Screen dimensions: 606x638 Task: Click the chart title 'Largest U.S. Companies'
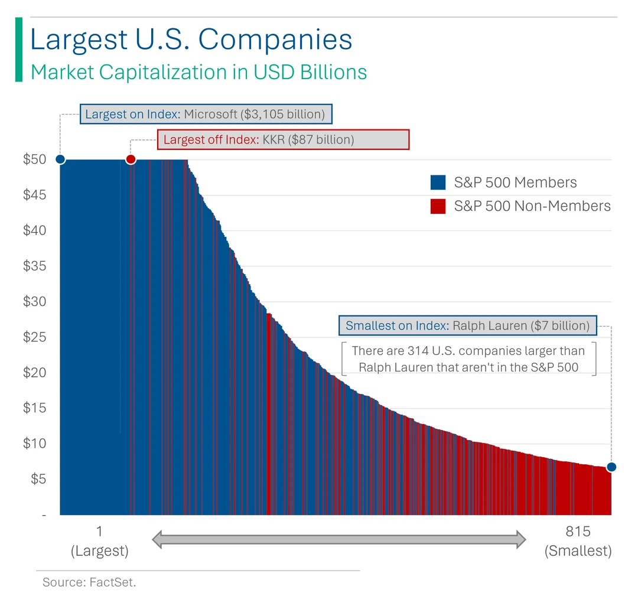pos(191,40)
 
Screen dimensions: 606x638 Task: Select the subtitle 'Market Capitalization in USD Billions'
pos(198,72)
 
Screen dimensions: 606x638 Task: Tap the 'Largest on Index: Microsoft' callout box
pos(206,114)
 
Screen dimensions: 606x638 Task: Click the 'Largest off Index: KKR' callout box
pos(282,140)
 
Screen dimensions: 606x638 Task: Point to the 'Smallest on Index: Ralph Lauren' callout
pos(467,325)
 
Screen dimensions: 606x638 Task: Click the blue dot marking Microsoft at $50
pos(60,159)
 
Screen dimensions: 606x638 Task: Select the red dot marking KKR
pos(131,159)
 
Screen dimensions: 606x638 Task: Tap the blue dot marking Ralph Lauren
pos(611,467)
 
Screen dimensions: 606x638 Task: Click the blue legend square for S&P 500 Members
pos(438,183)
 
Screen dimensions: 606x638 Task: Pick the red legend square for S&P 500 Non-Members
pos(438,206)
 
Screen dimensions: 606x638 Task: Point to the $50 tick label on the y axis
pos(35,159)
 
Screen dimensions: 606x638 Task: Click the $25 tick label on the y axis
pos(35,337)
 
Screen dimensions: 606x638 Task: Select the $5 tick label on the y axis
pos(38,479)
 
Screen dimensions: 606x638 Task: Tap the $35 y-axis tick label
pos(35,266)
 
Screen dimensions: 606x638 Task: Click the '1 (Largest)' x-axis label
pos(99,541)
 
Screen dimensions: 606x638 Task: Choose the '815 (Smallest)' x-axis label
pos(578,541)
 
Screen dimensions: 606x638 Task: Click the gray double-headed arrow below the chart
pos(339,539)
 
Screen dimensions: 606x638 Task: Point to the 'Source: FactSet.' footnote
pos(89,583)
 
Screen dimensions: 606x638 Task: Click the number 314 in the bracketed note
pos(418,351)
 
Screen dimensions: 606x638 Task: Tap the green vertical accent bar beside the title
pos(18,50)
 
